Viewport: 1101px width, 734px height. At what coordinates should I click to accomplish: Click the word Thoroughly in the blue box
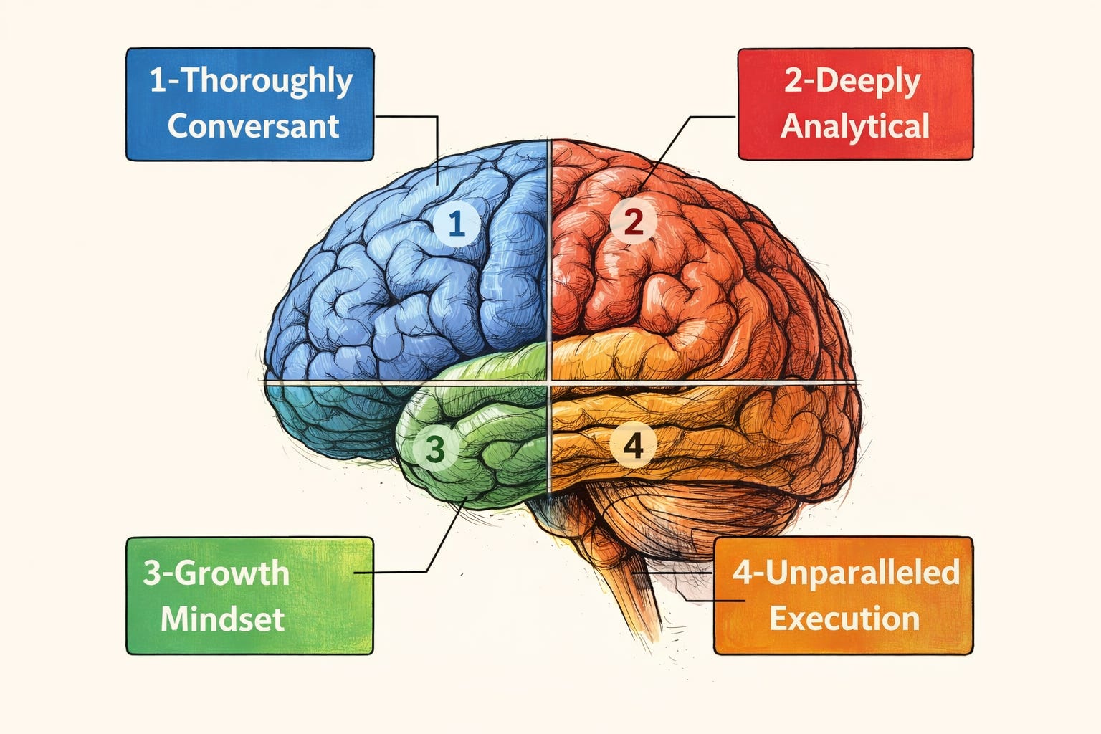266,82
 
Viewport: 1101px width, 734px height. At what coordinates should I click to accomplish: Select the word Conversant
253,126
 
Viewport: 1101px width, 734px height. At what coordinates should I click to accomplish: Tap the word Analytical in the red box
855,126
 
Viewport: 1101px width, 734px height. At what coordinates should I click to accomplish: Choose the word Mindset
223,619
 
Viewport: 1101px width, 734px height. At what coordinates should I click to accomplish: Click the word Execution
844,619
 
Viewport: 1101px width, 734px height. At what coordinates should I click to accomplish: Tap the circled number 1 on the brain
456,224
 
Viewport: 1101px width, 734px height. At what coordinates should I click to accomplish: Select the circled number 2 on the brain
634,223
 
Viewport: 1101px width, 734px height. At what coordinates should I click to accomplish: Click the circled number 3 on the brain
435,449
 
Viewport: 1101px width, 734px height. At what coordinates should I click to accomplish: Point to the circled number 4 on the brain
633,446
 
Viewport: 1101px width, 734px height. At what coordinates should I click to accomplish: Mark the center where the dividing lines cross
549,383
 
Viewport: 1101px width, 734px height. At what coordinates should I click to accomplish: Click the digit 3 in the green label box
152,573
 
